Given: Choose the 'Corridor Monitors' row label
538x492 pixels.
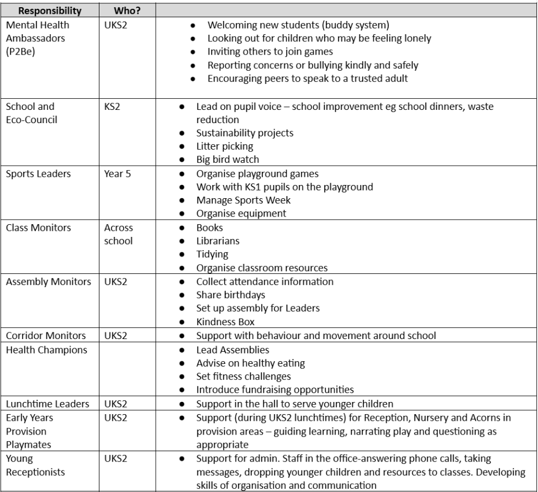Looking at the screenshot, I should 45,335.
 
